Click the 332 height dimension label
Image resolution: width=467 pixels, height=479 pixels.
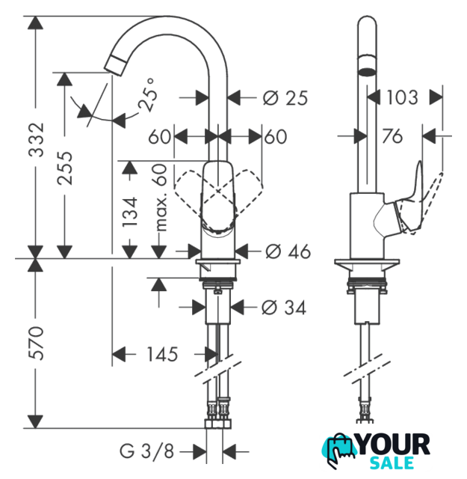pyautogui.click(x=37, y=140)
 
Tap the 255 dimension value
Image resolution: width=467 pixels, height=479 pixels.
pyautogui.click(x=65, y=168)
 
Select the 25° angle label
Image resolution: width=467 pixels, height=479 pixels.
pyautogui.click(x=148, y=94)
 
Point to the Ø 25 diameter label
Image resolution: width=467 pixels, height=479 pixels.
pyautogui.click(x=285, y=98)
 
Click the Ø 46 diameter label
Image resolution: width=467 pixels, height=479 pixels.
pyautogui.click(x=288, y=251)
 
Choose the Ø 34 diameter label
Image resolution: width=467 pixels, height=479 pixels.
pyautogui.click(x=284, y=308)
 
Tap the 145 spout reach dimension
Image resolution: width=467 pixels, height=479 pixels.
pyautogui.click(x=162, y=354)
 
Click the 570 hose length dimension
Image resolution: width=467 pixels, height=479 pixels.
pyautogui.click(x=37, y=343)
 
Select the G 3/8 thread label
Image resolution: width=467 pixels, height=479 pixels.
pyautogui.click(x=146, y=451)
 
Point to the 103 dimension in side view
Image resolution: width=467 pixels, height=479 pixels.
pyautogui.click(x=402, y=97)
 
